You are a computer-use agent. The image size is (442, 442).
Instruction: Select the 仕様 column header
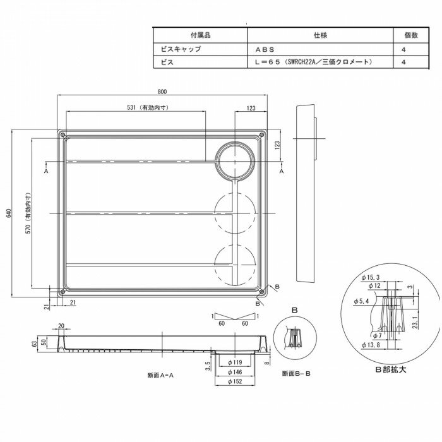coord(320,35)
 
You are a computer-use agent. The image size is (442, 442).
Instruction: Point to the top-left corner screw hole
coord(61,135)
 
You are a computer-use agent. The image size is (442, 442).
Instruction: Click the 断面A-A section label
coord(160,375)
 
